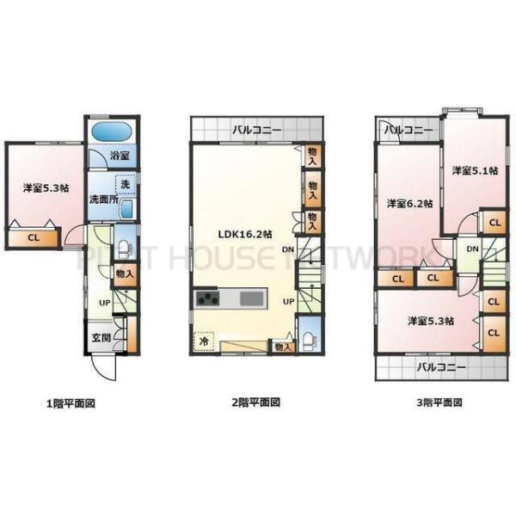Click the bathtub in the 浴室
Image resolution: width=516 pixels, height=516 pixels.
109,134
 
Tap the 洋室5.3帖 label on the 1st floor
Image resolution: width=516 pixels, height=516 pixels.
46,187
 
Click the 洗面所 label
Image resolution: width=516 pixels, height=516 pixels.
103,200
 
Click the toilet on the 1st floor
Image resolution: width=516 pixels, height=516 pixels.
123,249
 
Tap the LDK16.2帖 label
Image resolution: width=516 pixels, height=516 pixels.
245,233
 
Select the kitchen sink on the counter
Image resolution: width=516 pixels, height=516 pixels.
250,299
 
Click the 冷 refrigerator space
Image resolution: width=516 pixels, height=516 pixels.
205,340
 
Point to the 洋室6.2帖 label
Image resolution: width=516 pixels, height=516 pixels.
408,203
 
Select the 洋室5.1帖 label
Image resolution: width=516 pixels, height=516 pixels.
475,171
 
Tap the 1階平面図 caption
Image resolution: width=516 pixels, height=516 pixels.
71,402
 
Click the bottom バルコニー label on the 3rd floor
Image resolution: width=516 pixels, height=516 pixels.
441,367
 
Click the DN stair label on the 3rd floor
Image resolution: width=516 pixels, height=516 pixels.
472,249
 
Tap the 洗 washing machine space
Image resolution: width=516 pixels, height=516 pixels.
126,183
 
